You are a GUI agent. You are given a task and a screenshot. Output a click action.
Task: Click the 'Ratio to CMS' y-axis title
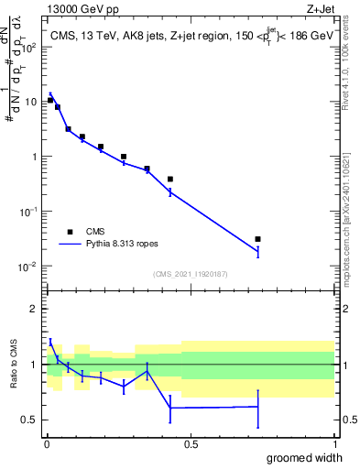pos(15,365)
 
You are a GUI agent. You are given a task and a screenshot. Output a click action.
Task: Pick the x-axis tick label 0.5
pos(190,444)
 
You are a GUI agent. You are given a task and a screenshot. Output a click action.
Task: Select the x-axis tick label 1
pos(334,444)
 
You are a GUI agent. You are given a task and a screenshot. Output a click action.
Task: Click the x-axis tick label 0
pos(46,444)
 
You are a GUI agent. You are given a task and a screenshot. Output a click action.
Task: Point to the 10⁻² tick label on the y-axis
pos(28,267)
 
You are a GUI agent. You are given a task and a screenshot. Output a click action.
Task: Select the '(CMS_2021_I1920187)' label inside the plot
pos(190,274)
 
